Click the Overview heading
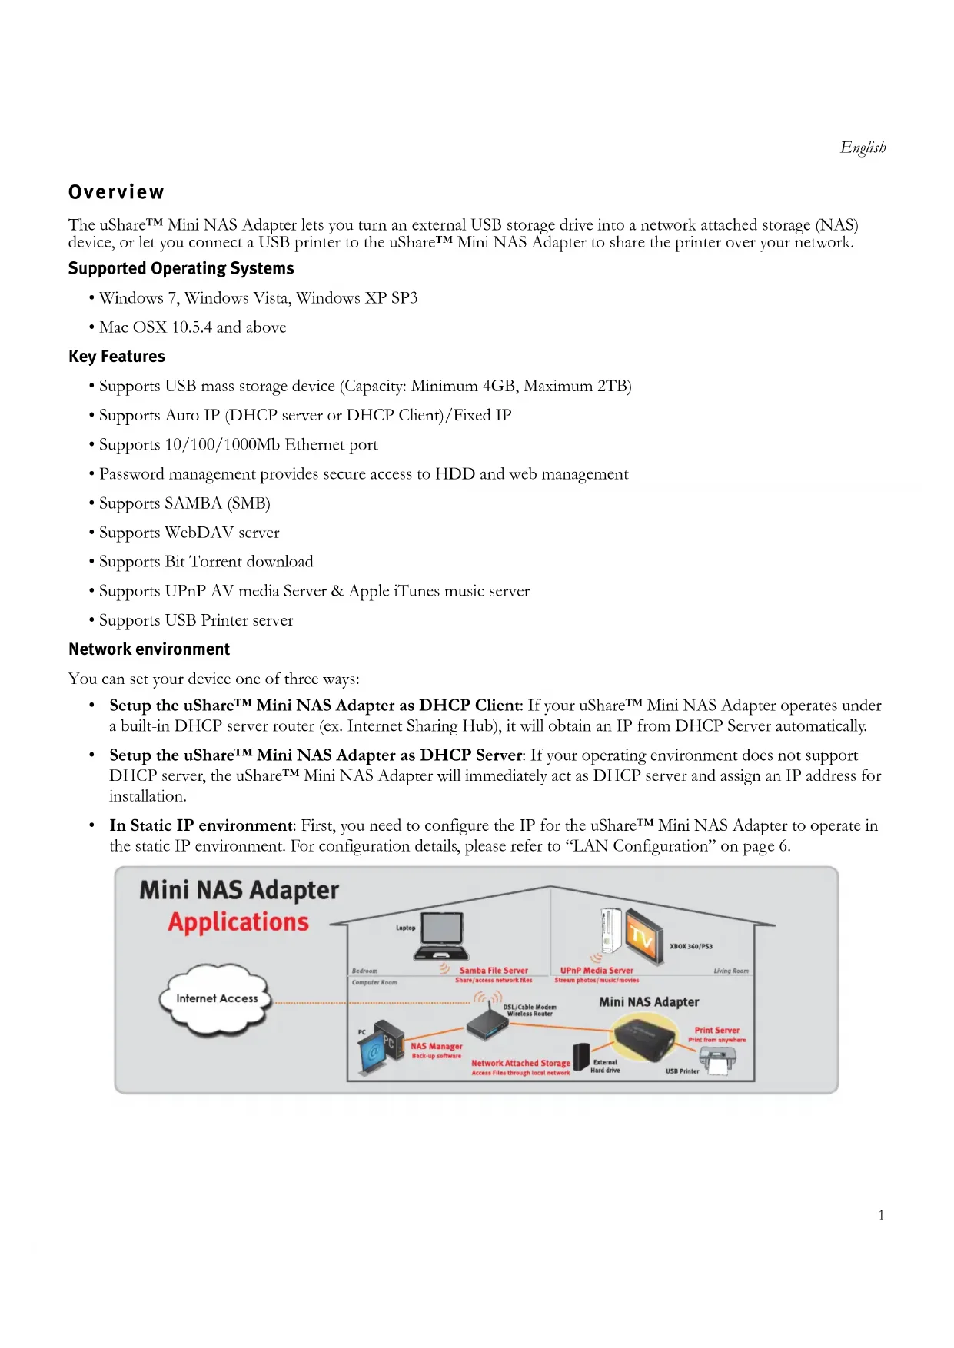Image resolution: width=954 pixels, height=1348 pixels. (116, 192)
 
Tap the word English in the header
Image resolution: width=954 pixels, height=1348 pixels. (863, 148)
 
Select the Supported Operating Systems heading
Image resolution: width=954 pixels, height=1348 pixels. (181, 268)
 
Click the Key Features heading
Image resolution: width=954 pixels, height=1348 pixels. (117, 357)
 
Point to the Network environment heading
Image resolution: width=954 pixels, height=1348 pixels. (149, 649)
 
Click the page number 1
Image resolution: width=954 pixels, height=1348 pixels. (881, 1215)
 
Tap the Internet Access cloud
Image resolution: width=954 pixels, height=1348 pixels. (216, 998)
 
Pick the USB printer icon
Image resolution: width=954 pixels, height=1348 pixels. (716, 1064)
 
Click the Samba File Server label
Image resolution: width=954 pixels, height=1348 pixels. (494, 971)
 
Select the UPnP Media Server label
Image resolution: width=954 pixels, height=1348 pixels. (597, 971)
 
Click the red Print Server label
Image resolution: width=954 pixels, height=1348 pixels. (716, 1031)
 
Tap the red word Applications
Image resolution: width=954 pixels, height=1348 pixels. (238, 922)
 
